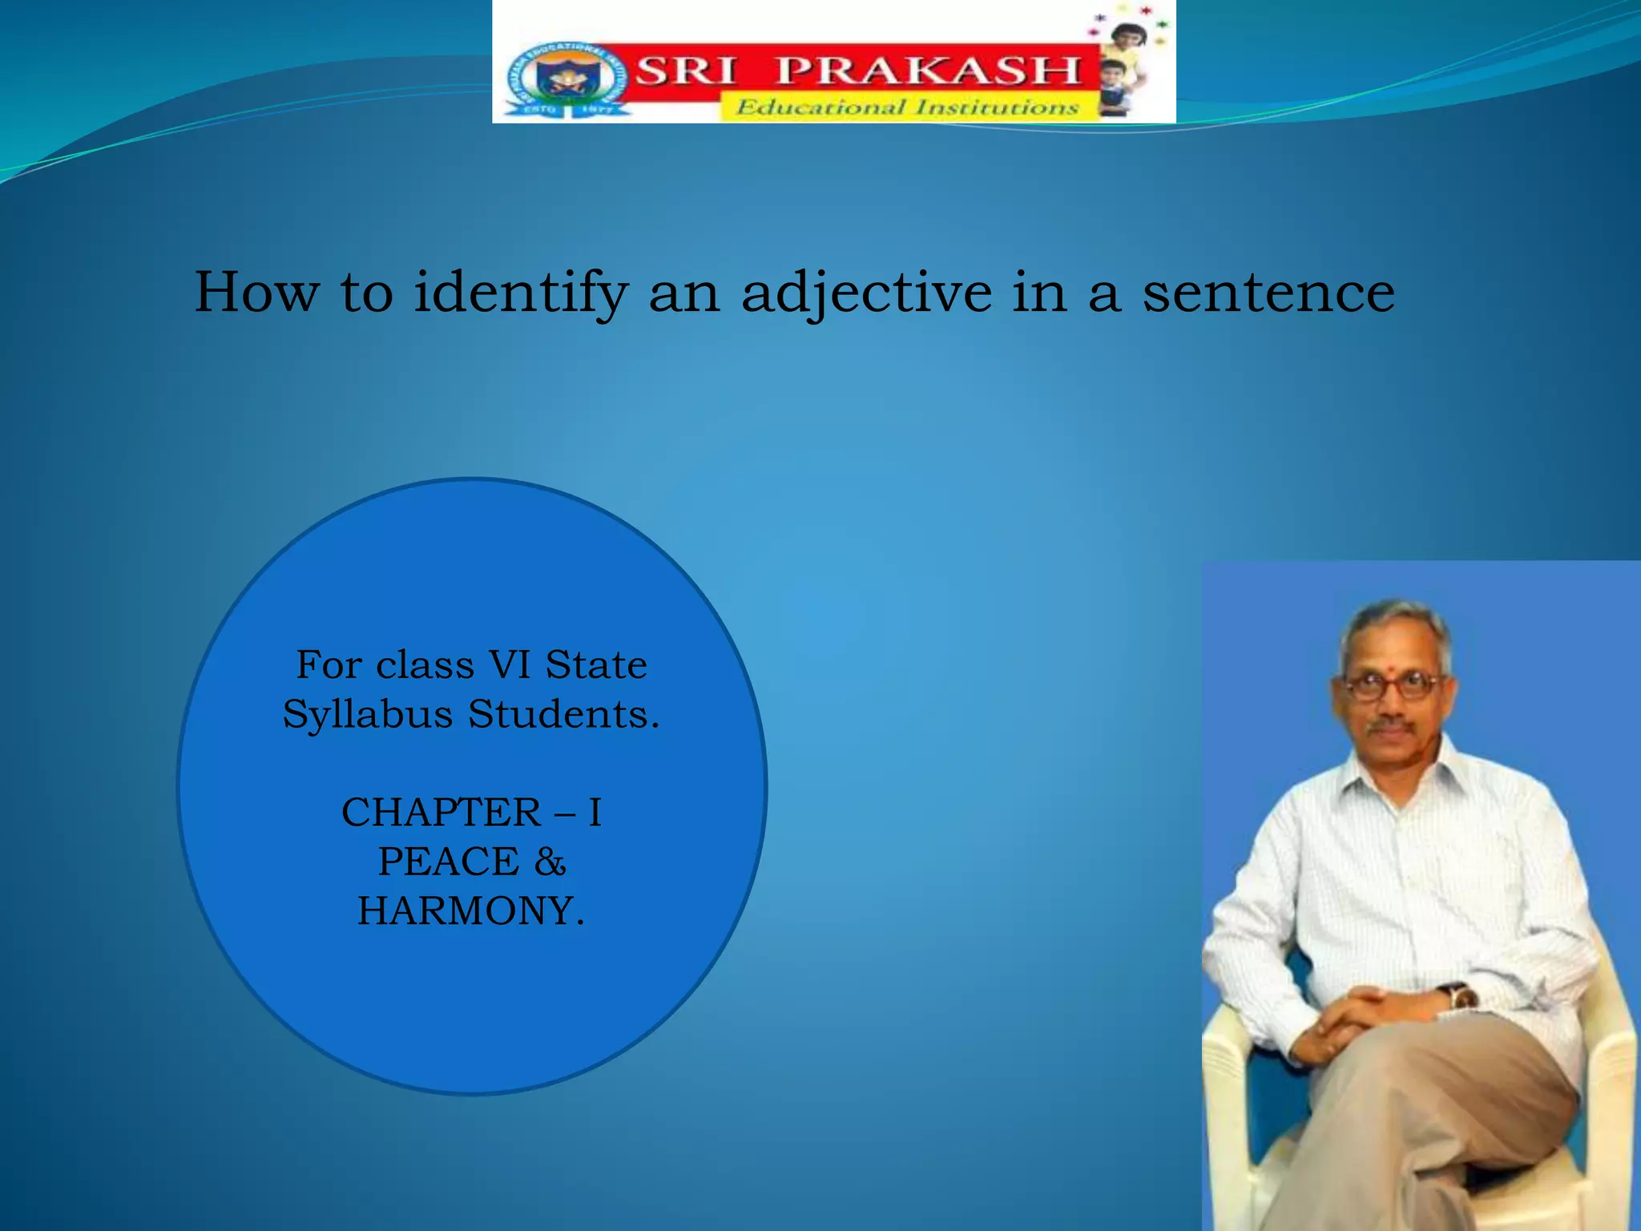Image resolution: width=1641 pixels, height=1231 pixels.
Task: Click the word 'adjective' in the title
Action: [x=865, y=293]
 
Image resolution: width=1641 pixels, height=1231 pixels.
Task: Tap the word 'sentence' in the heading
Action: [x=1268, y=293]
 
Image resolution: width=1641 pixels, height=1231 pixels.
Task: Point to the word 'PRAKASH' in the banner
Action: [x=929, y=71]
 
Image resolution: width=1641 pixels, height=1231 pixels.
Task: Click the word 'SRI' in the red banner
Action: [x=686, y=71]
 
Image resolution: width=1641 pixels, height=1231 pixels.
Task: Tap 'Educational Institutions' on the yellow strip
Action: [x=907, y=107]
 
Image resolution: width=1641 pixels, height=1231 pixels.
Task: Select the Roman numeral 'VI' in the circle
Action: [x=508, y=664]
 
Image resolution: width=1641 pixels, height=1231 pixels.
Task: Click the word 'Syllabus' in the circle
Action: [x=368, y=714]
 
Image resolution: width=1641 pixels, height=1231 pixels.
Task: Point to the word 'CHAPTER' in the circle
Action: [x=441, y=813]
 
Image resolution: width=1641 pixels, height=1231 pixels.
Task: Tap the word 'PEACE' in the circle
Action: [x=449, y=862]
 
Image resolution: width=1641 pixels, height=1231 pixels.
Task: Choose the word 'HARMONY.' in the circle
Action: [x=471, y=911]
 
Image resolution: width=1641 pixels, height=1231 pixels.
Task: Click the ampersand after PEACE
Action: [x=550, y=862]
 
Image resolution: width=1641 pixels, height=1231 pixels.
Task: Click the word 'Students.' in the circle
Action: [x=564, y=714]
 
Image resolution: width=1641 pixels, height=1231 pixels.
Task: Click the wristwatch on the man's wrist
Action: [x=1461, y=997]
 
